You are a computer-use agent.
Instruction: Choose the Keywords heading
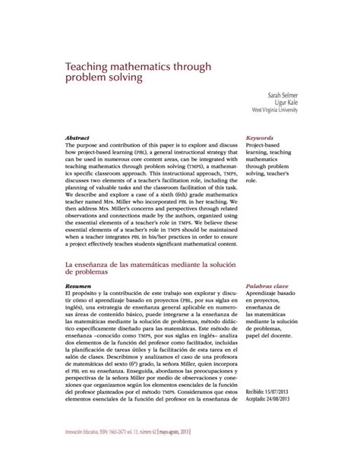261,138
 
